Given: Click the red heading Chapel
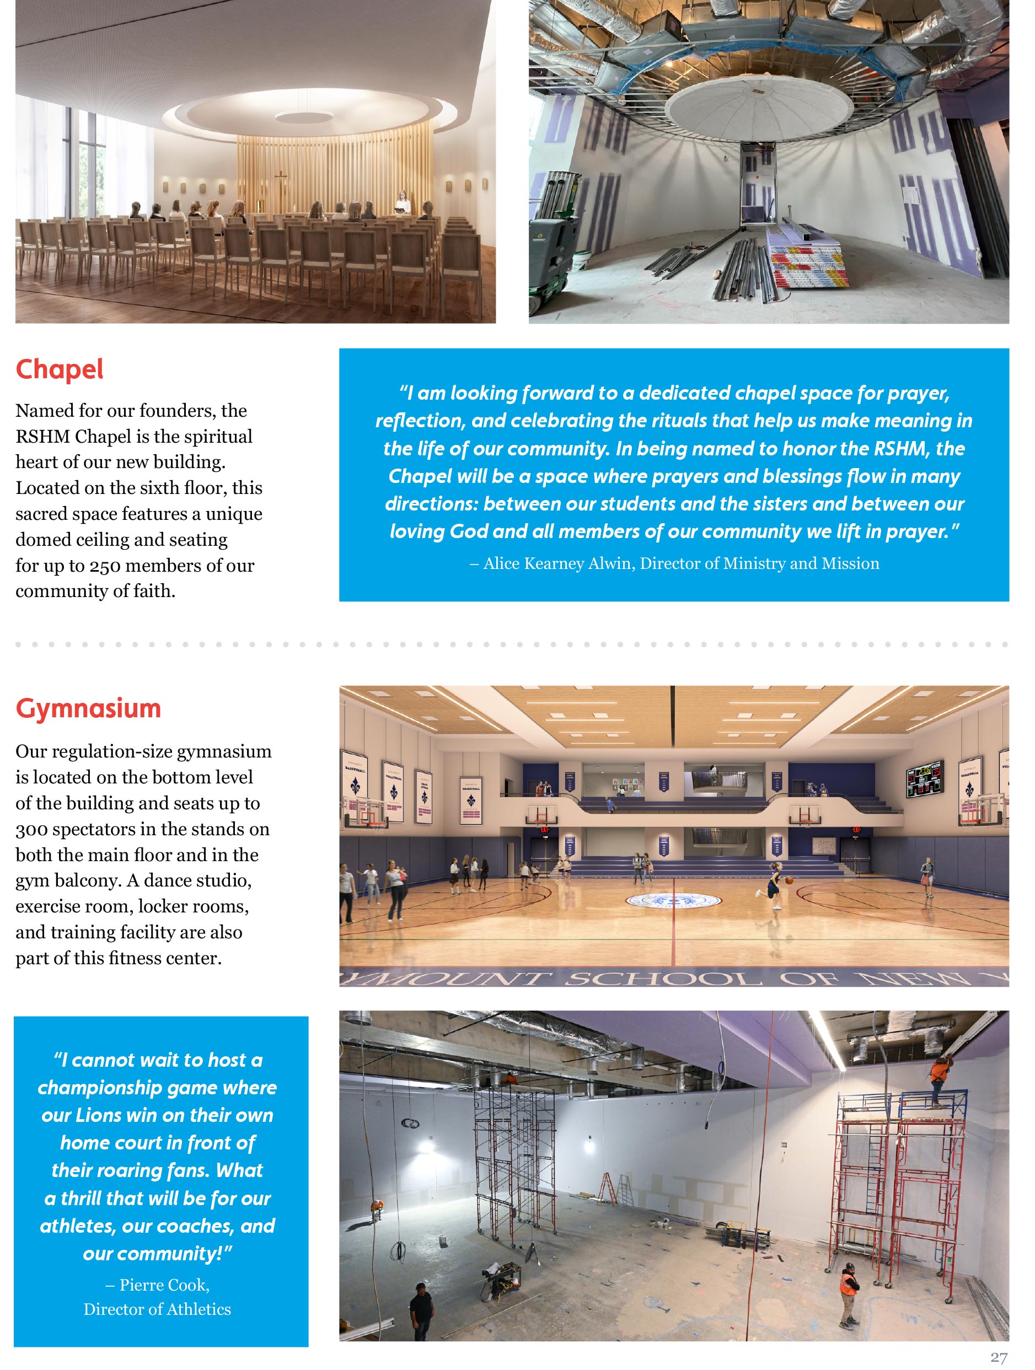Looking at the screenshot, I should point(60,370).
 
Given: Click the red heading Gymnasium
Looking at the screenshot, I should point(88,708).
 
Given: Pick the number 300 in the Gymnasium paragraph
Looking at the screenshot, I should point(31,829).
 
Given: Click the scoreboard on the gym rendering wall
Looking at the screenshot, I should point(924,778).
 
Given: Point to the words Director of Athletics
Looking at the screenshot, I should point(157,1309).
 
